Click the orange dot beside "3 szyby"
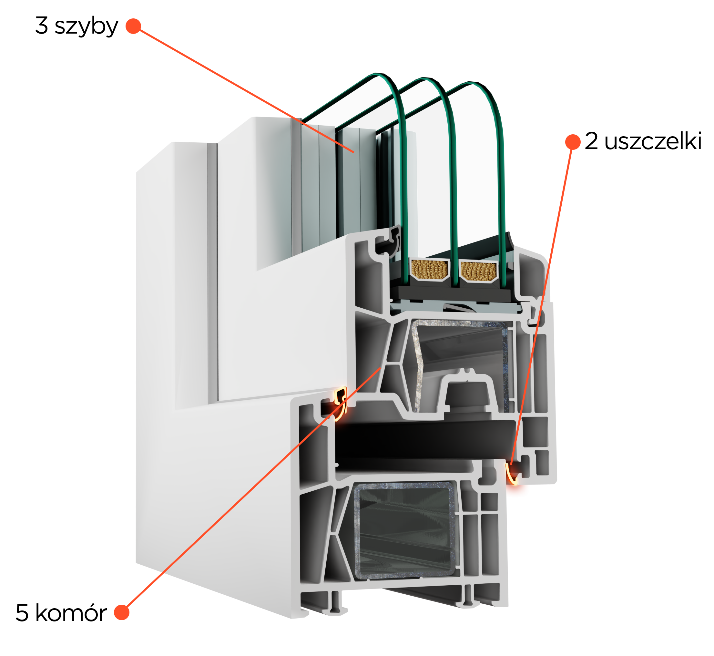(x=133, y=26)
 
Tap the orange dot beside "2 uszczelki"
(x=573, y=142)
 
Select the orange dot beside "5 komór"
(x=122, y=612)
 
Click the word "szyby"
(x=86, y=26)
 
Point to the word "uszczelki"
(x=653, y=141)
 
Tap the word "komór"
(x=71, y=613)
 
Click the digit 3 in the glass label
(x=42, y=25)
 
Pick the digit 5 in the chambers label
(x=22, y=613)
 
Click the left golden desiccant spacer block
(x=429, y=270)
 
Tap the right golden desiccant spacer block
(x=479, y=271)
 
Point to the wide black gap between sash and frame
(x=426, y=440)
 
